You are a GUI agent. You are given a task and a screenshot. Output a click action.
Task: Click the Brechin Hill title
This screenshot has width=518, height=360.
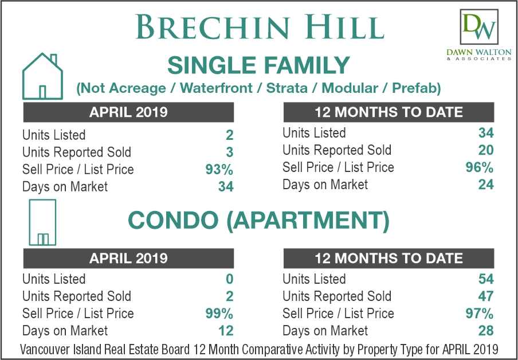pyautogui.click(x=260, y=27)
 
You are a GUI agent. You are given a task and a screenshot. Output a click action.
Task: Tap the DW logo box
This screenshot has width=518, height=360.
pyautogui.click(x=478, y=27)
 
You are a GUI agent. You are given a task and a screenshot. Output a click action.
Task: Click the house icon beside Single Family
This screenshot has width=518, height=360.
pyautogui.click(x=42, y=76)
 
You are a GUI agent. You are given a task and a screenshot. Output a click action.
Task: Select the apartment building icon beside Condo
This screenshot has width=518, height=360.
pyautogui.click(x=42, y=222)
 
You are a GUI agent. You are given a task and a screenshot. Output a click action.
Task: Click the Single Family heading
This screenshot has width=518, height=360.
pyautogui.click(x=258, y=65)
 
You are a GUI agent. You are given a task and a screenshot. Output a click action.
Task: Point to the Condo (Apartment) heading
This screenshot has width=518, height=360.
pyautogui.click(x=258, y=221)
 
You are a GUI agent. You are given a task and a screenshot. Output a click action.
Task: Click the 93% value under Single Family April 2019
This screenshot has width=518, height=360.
pyautogui.click(x=219, y=170)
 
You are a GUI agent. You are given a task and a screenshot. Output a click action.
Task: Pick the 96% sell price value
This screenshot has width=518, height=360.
pyautogui.click(x=480, y=167)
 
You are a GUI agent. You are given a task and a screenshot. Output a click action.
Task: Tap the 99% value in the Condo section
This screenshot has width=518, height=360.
pyautogui.click(x=219, y=314)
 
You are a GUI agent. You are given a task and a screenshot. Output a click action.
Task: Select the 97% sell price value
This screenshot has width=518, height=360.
pyautogui.click(x=480, y=314)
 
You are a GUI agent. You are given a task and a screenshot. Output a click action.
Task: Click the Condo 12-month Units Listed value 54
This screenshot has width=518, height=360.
pyautogui.click(x=486, y=279)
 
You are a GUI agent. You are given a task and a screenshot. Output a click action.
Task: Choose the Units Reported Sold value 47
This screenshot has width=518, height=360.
pyautogui.click(x=486, y=296)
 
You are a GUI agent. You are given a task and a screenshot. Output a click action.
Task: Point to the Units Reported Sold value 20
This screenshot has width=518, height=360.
pyautogui.click(x=486, y=150)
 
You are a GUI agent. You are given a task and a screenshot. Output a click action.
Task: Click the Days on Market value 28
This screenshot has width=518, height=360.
pyautogui.click(x=486, y=331)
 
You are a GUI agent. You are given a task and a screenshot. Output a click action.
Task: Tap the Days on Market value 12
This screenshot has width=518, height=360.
pyautogui.click(x=226, y=331)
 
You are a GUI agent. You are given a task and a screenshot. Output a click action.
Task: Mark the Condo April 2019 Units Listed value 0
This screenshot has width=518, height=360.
pyautogui.click(x=229, y=279)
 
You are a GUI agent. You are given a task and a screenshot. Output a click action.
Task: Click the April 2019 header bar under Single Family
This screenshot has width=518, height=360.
pyautogui.click(x=128, y=112)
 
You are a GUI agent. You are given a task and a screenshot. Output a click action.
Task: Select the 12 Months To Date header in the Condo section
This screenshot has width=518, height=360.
pyautogui.click(x=389, y=258)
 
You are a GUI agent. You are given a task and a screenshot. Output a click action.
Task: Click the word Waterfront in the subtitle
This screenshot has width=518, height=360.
pyautogui.click(x=217, y=88)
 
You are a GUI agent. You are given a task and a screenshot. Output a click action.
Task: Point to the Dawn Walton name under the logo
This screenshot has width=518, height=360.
pyautogui.click(x=478, y=52)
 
